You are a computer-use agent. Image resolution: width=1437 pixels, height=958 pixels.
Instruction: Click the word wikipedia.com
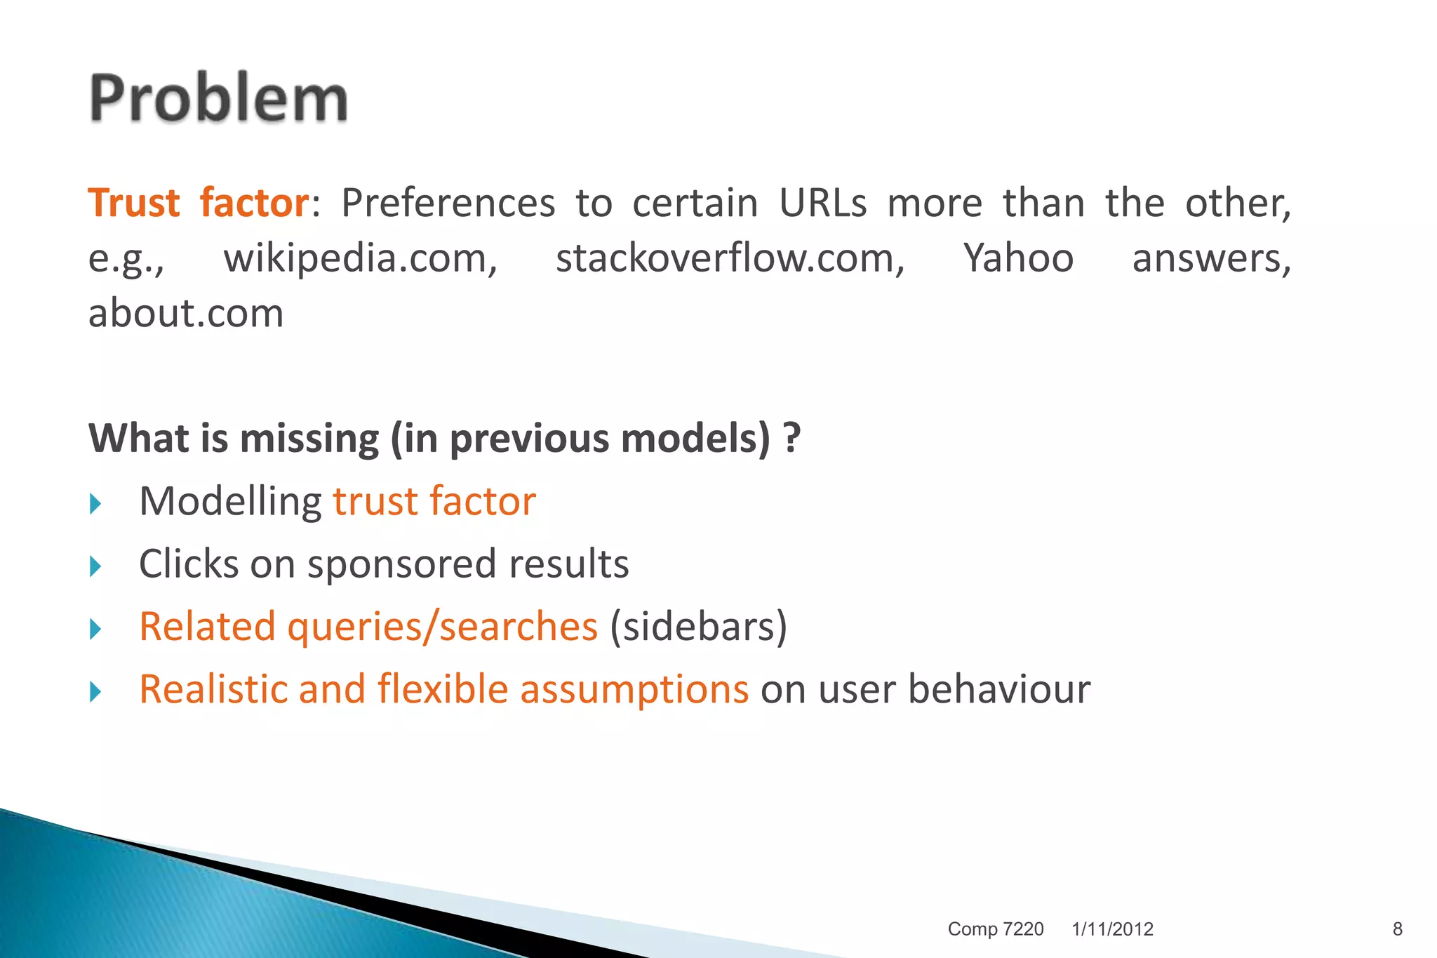360,258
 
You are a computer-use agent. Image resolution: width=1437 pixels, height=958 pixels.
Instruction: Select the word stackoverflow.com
730,258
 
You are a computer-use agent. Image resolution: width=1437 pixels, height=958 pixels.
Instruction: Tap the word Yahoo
1018,258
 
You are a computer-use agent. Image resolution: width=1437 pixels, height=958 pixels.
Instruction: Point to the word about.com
186,313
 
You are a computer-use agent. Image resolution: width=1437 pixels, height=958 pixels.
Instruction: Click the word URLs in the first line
822,204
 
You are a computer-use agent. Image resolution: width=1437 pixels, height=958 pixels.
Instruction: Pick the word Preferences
448,204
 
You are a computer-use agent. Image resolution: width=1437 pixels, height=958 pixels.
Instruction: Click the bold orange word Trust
134,204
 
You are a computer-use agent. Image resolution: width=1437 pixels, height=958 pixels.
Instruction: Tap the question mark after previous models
792,439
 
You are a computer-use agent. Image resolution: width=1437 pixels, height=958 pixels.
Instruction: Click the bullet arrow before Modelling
96,504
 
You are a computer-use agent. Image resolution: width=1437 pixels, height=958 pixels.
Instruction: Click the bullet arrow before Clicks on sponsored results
96,566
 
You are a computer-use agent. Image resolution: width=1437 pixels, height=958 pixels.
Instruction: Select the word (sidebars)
698,627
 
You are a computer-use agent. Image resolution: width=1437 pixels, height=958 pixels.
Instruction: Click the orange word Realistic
213,688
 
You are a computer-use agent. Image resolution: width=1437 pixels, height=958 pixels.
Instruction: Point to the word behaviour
999,688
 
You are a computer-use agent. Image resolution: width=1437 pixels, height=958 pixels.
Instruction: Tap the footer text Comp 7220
995,929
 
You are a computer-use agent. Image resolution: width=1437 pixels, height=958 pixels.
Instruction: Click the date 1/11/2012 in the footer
1112,929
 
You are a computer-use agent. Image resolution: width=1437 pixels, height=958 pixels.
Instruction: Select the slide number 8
1397,929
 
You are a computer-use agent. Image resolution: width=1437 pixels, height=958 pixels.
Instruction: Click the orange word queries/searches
442,627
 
